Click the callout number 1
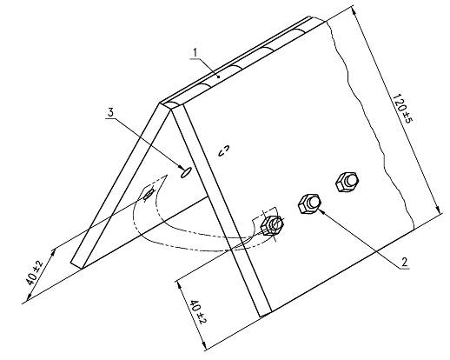click(195, 52)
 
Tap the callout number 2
click(404, 262)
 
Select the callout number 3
click(111, 113)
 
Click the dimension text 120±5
click(402, 108)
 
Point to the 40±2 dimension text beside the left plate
click(34, 272)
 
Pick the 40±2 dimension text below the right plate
click(198, 312)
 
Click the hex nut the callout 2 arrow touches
click(309, 203)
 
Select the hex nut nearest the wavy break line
click(347, 182)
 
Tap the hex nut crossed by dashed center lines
click(272, 225)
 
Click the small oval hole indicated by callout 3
click(185, 172)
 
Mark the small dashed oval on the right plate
click(224, 150)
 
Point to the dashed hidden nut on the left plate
click(149, 194)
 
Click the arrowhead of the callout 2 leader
click(321, 212)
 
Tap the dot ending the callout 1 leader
click(219, 77)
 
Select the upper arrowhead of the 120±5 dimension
click(354, 10)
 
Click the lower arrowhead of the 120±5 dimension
click(439, 210)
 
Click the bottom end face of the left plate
click(76, 266)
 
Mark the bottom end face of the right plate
click(265, 314)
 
